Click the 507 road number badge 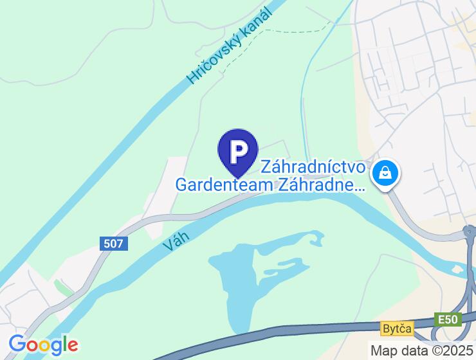coord(115,244)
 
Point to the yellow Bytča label coord(395,328)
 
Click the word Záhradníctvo coord(314,168)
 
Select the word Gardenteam coord(223,186)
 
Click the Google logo coord(44,345)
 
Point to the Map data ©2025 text coord(420,350)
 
